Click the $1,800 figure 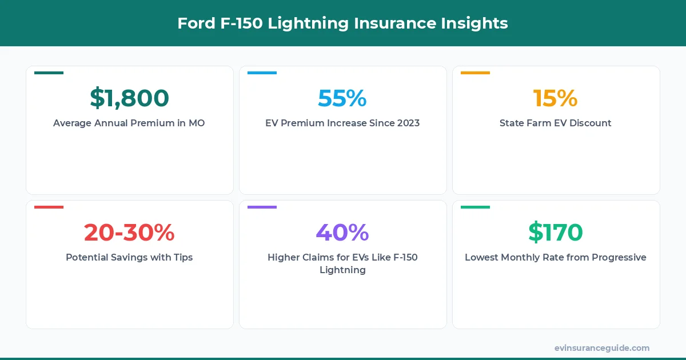(129, 98)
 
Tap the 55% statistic (342, 98)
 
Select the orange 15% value (555, 98)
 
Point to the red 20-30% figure (129, 233)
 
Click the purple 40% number (342, 233)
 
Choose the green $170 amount (555, 233)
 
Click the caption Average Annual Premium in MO (129, 123)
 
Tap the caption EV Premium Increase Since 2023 (342, 123)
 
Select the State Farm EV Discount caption (555, 123)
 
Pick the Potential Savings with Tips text (129, 257)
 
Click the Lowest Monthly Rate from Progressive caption (555, 257)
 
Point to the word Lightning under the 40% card (342, 270)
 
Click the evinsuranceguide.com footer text (601, 348)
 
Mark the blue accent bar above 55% (262, 73)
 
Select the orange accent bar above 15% (475, 73)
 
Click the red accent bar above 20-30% (49, 207)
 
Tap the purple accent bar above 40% (262, 207)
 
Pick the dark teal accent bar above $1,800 (49, 73)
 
